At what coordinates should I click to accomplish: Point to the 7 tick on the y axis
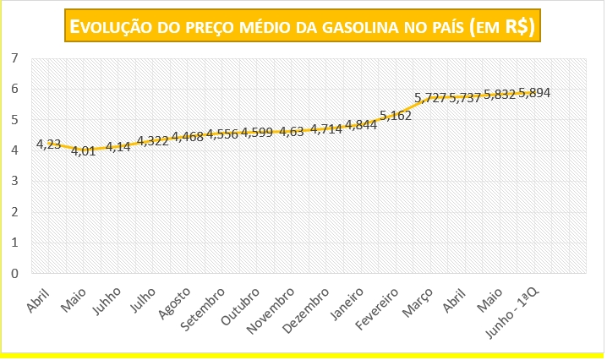(x=14, y=58)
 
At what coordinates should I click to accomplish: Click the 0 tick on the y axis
(x=14, y=274)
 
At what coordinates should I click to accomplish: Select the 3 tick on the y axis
(x=14, y=182)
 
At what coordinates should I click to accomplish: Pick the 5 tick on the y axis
(x=14, y=120)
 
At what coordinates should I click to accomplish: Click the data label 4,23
(x=48, y=145)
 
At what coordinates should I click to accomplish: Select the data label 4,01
(x=83, y=151)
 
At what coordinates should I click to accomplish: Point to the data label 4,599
(x=257, y=132)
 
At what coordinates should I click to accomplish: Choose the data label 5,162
(x=396, y=116)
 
